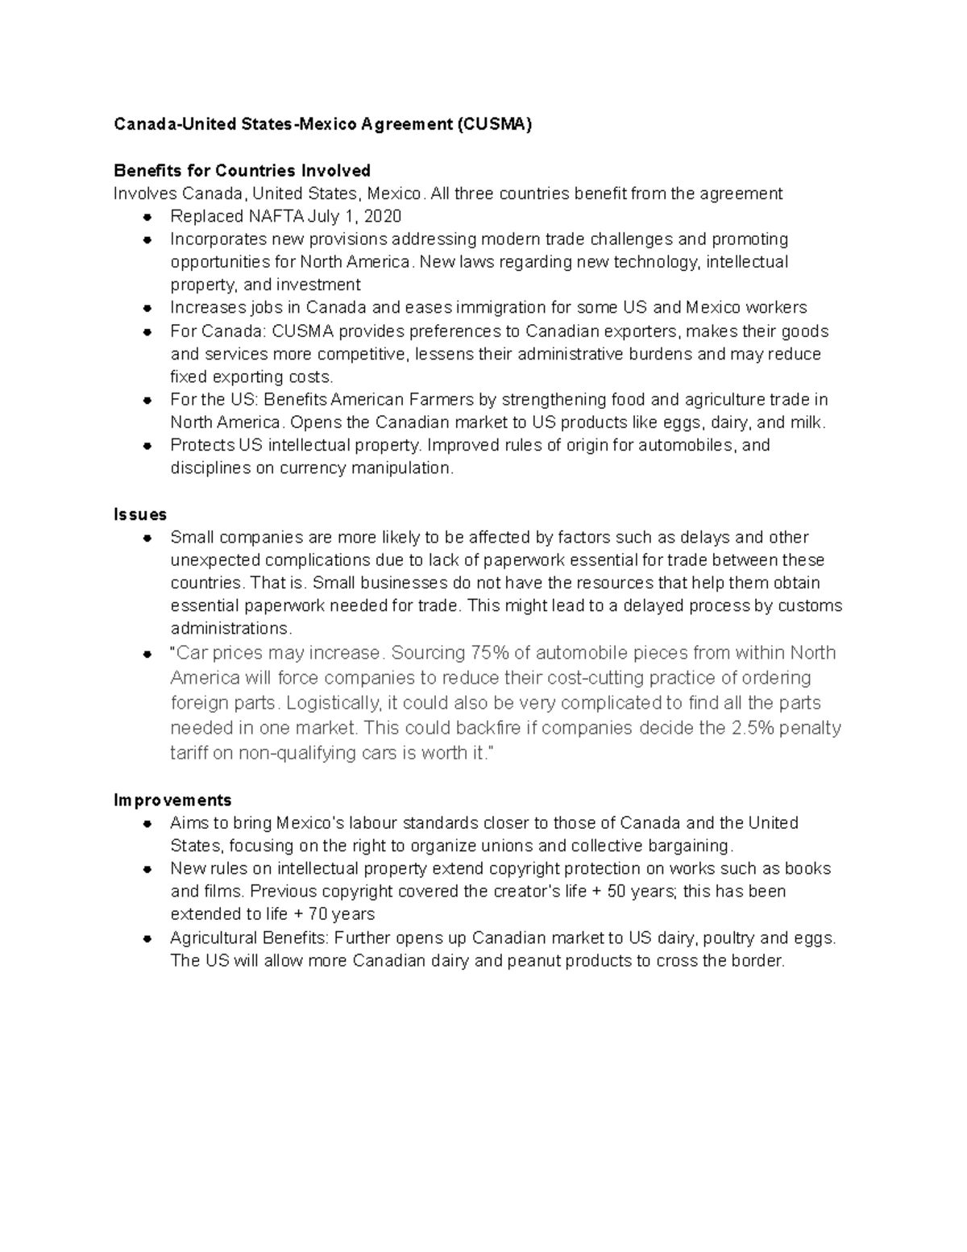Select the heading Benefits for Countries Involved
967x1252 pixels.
pyautogui.click(x=242, y=170)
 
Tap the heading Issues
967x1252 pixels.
pyautogui.click(x=140, y=514)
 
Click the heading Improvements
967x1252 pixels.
pyautogui.click(x=172, y=800)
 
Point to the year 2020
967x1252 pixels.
pyautogui.click(x=383, y=216)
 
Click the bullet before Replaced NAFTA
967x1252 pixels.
pyautogui.click(x=147, y=217)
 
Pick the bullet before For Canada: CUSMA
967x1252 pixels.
pyautogui.click(x=147, y=332)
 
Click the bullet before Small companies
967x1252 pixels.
pyautogui.click(x=147, y=538)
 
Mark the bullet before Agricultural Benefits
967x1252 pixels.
pyautogui.click(x=147, y=938)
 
